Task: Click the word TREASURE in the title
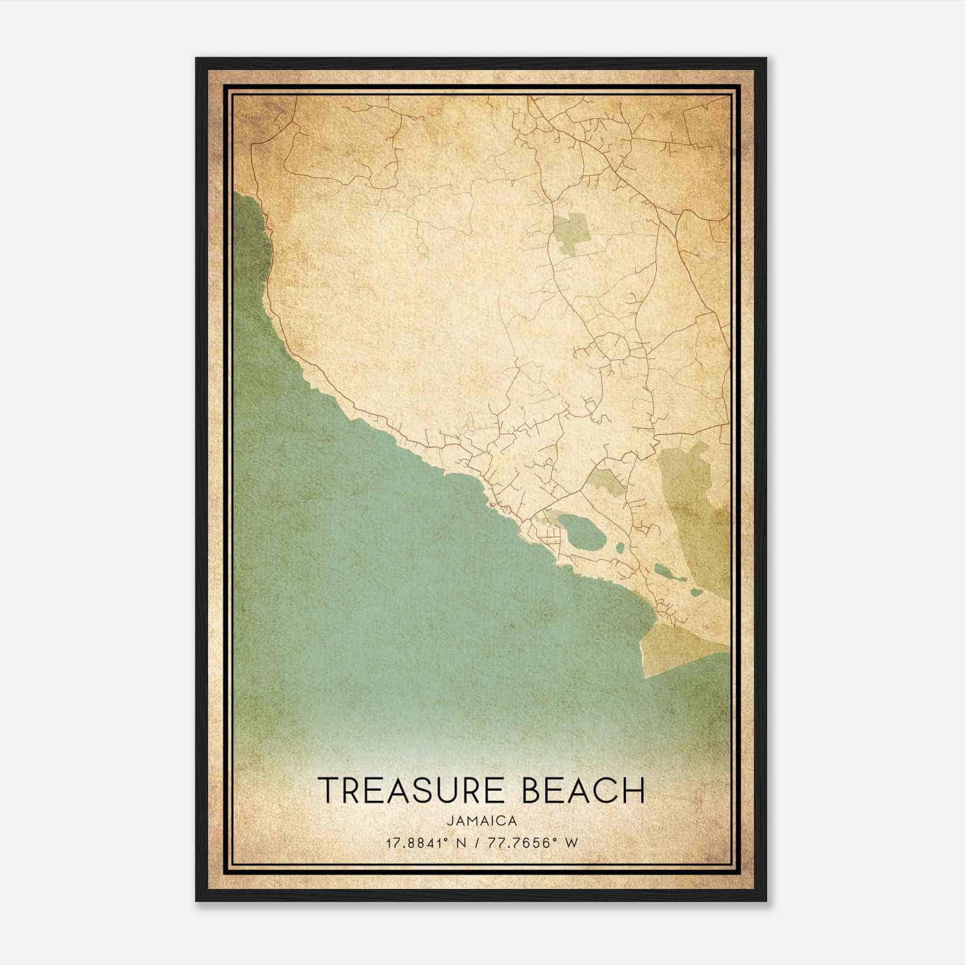(x=413, y=790)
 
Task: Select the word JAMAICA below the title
(x=482, y=821)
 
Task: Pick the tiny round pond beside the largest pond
(x=619, y=549)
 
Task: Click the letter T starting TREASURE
(x=329, y=790)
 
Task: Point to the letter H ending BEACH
(x=634, y=790)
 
